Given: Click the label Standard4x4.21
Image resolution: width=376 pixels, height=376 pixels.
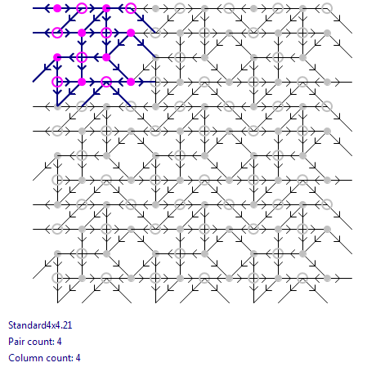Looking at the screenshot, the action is point(40,325).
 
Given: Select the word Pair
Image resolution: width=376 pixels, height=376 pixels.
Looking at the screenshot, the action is point(16,342).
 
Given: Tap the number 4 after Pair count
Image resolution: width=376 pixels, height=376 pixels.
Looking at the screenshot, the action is point(59,342).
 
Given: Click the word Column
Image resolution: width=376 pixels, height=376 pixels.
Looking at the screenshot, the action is point(23,358).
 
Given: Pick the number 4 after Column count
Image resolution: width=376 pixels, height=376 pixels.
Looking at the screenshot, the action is point(78,358).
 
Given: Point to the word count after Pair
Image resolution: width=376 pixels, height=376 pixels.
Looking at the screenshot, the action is point(40,342).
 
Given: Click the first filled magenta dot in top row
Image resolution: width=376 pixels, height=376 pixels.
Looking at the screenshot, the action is point(57,8).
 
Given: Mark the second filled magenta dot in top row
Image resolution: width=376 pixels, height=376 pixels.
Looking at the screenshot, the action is point(106,8).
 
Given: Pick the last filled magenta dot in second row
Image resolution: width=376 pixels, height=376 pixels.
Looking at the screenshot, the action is point(131,33).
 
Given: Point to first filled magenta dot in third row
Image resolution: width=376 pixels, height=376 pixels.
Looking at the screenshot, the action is point(57,57).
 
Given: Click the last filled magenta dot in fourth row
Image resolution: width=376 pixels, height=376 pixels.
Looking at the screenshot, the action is point(131,82).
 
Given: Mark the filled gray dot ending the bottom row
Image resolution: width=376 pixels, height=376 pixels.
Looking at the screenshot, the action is point(327,278).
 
